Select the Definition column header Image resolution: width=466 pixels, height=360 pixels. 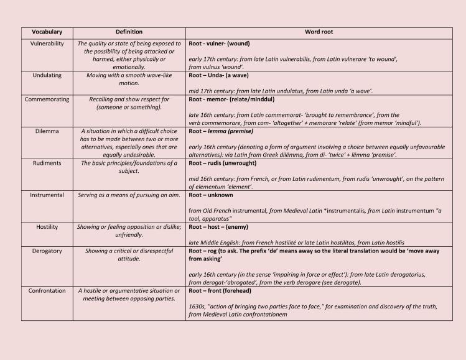point(129,32)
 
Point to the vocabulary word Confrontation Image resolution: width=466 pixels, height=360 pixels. point(47,290)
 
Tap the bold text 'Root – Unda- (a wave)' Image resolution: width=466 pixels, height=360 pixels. point(223,75)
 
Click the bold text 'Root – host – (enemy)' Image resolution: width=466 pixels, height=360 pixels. point(221,227)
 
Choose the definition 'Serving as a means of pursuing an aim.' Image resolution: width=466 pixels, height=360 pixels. point(129,195)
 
